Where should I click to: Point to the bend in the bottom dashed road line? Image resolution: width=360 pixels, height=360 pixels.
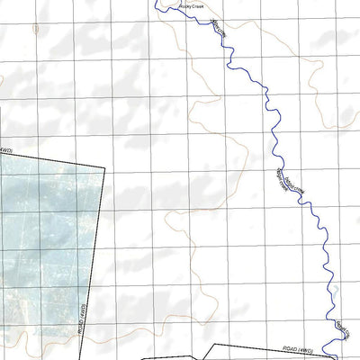click(x=212, y=344)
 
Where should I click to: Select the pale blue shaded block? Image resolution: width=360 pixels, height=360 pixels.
click(x=49, y=243)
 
